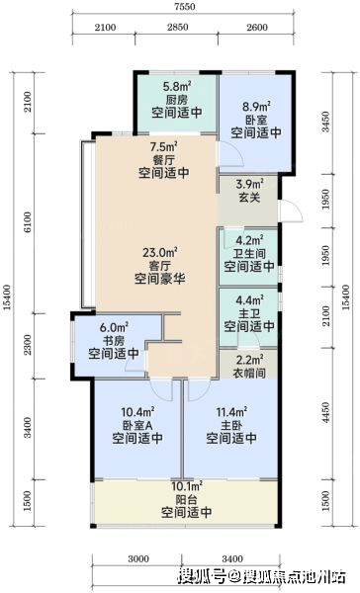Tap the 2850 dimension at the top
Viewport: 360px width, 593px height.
click(x=178, y=28)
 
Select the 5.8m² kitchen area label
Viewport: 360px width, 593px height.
click(x=177, y=87)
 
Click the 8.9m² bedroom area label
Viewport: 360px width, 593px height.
click(x=256, y=107)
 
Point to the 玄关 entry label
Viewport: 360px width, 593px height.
click(x=249, y=197)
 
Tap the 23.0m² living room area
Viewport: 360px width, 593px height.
click(x=160, y=251)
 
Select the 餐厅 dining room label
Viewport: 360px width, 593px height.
click(x=164, y=159)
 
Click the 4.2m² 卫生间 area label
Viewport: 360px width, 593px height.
click(x=249, y=240)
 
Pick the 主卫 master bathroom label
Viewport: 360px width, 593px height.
click(x=249, y=313)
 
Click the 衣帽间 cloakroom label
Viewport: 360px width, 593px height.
click(x=249, y=373)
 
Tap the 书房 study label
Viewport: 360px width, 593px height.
click(x=114, y=340)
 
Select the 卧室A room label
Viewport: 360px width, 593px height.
click(x=137, y=425)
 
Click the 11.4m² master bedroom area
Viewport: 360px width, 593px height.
click(x=231, y=411)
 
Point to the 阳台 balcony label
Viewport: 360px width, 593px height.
click(x=187, y=499)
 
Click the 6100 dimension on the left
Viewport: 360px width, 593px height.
click(x=28, y=223)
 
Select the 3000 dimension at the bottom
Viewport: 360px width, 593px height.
click(x=138, y=558)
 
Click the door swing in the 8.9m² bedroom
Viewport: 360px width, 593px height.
click(x=230, y=154)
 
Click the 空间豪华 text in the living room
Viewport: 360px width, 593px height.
click(x=160, y=279)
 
